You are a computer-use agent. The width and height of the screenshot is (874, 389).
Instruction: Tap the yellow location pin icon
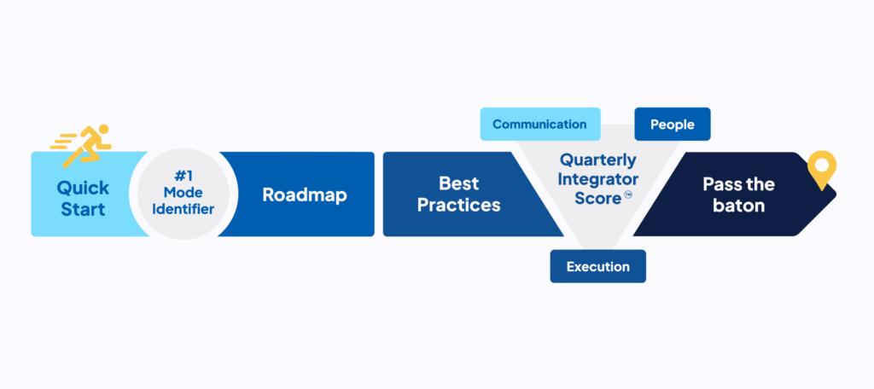822,168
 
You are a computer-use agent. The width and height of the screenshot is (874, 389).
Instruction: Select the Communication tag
539,125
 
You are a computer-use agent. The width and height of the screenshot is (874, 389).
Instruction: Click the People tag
672,125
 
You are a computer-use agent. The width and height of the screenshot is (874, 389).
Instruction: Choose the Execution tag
597,266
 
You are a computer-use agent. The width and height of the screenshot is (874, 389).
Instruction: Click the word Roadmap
305,194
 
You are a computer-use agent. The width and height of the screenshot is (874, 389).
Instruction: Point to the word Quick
82,187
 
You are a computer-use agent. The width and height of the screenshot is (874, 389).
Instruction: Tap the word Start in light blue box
82,208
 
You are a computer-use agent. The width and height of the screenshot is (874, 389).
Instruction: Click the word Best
459,183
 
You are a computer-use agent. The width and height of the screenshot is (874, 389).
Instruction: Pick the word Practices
459,205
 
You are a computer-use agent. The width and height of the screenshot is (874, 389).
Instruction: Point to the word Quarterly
597,160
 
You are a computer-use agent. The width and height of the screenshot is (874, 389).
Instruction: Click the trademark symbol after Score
628,195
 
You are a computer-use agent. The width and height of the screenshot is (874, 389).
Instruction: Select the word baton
738,206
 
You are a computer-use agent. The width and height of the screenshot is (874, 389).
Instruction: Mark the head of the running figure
103,131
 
